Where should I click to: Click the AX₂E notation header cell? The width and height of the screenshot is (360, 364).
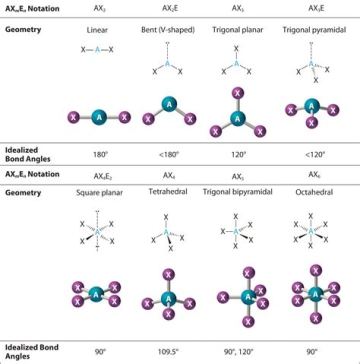pyautogui.click(x=167, y=8)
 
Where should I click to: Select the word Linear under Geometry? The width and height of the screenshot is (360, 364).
pyautogui.click(x=97, y=30)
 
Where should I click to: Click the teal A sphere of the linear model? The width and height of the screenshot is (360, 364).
pyautogui.click(x=99, y=117)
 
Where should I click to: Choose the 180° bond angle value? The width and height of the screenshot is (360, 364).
pyautogui.click(x=100, y=154)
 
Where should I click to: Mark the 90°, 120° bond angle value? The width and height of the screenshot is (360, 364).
pyautogui.click(x=239, y=352)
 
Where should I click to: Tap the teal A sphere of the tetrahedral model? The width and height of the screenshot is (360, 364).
pyautogui.click(x=168, y=298)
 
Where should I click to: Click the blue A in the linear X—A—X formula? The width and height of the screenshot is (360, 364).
pyautogui.click(x=97, y=50)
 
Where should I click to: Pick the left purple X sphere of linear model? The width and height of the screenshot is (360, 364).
pyautogui.click(x=74, y=118)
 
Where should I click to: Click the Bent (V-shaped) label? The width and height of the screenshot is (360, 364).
pyautogui.click(x=168, y=30)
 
